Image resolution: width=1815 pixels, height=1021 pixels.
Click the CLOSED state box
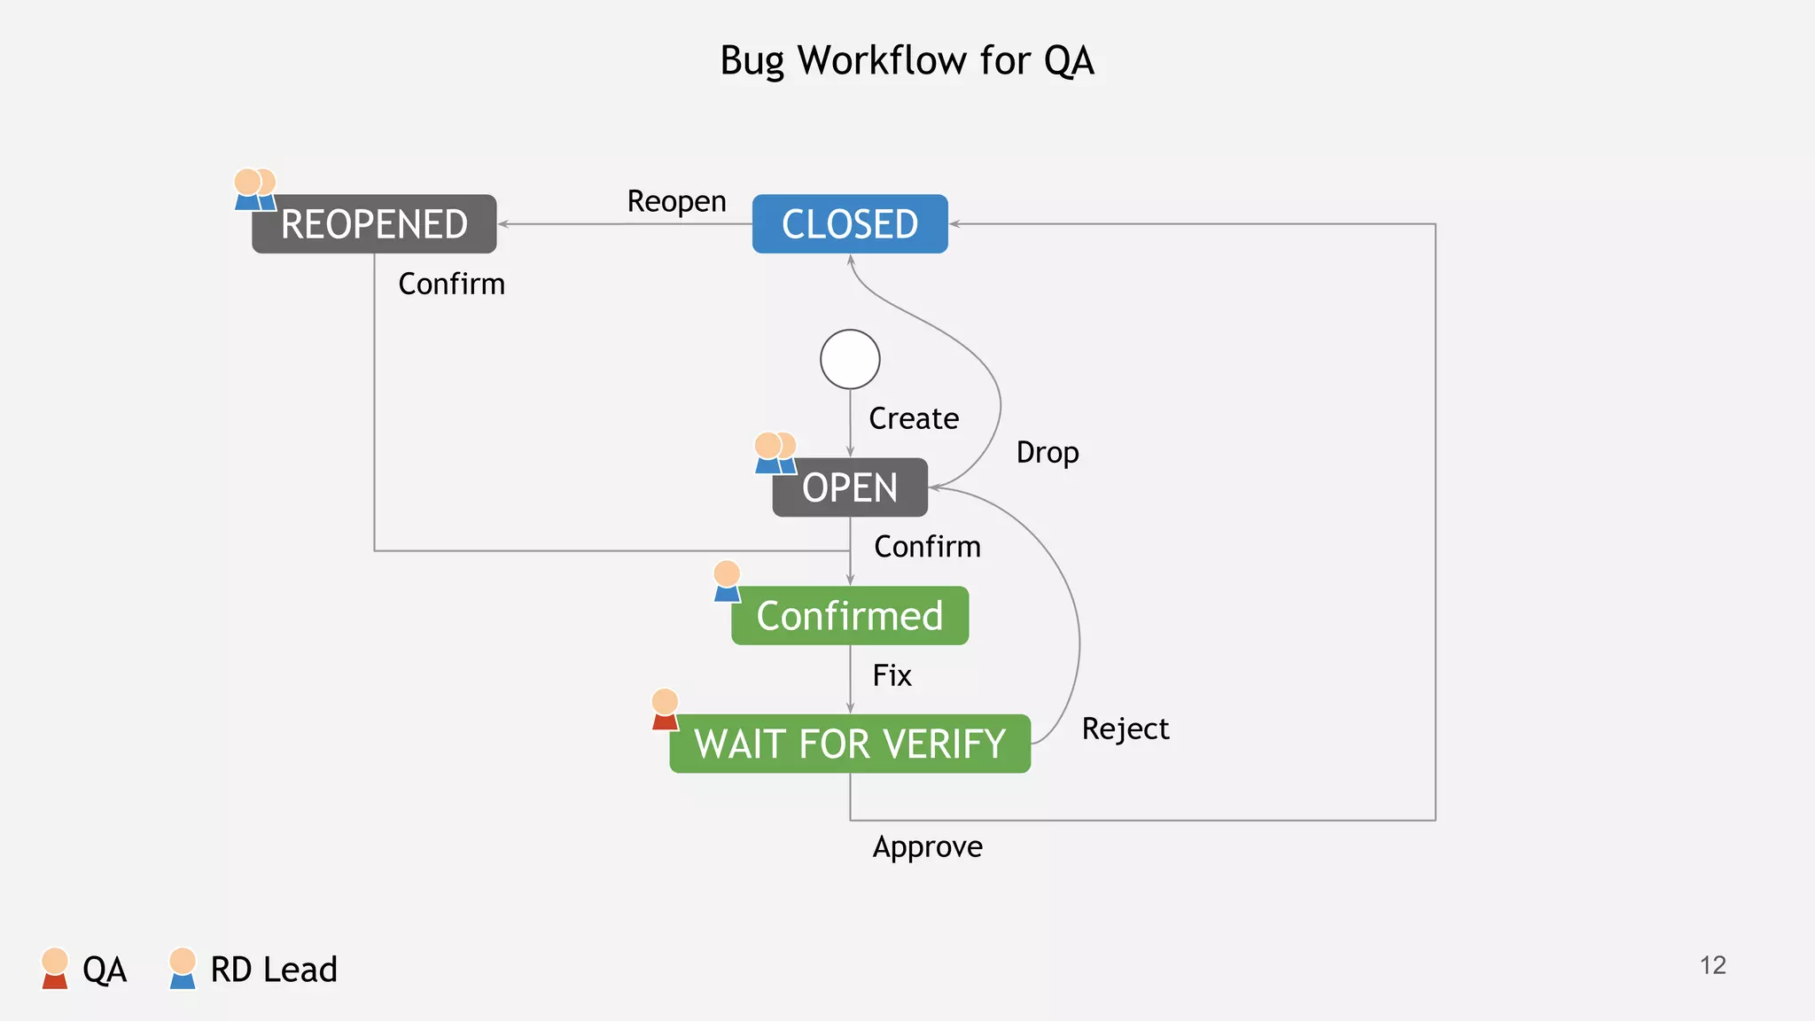click(849, 224)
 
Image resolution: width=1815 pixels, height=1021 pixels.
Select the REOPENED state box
click(374, 224)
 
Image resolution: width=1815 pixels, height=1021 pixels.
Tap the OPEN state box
click(849, 487)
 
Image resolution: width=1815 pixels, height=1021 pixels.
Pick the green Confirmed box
click(849, 616)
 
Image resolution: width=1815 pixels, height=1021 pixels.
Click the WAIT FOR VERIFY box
click(849, 744)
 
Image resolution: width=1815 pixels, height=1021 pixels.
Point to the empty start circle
click(849, 359)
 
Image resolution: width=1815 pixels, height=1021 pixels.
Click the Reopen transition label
click(676, 201)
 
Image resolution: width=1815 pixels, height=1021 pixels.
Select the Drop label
click(1047, 452)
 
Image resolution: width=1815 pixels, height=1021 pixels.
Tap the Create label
click(913, 418)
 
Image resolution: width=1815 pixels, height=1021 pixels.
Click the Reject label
click(1125, 729)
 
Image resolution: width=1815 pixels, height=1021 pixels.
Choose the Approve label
click(927, 846)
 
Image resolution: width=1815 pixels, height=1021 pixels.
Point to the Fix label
click(892, 675)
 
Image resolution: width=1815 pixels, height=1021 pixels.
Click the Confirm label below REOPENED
click(451, 284)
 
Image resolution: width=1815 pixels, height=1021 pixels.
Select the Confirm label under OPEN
click(927, 547)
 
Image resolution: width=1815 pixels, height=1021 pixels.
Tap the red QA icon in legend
click(55, 968)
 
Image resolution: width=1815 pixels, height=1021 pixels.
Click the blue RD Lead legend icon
click(183, 968)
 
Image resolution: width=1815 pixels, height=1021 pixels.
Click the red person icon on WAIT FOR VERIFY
click(665, 709)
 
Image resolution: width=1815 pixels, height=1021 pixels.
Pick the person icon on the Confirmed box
click(727, 581)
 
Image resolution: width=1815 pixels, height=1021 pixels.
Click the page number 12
click(1712, 965)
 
